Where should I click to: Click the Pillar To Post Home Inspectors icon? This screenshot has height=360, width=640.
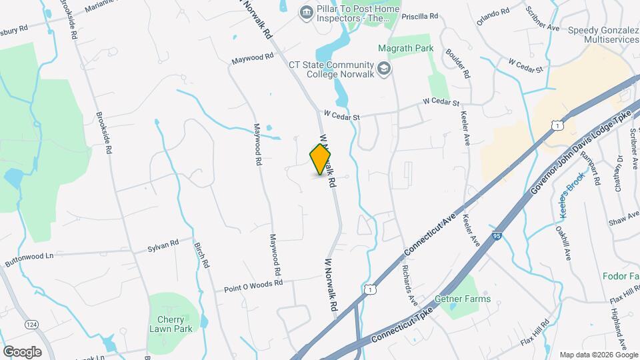click(x=306, y=11)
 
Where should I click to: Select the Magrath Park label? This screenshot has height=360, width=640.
click(x=405, y=48)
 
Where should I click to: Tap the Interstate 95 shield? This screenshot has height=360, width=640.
click(x=497, y=237)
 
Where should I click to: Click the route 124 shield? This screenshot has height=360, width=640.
click(x=31, y=324)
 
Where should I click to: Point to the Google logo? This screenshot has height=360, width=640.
click(x=22, y=351)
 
